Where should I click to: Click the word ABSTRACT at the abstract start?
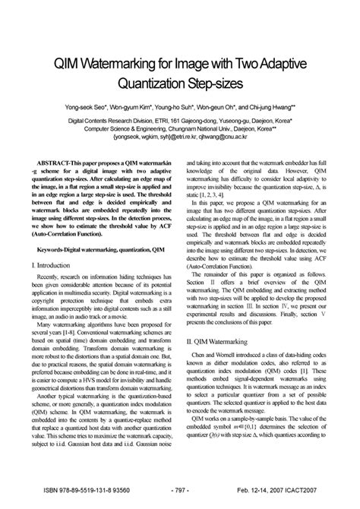tap(56, 142)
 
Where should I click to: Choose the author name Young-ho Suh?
tap(182, 108)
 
